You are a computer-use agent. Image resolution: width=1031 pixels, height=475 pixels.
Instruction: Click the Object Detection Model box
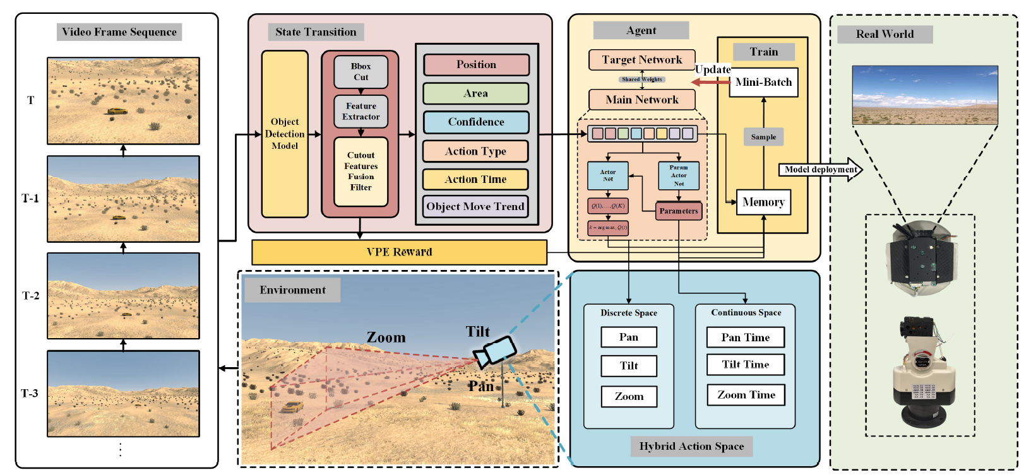tap(285, 134)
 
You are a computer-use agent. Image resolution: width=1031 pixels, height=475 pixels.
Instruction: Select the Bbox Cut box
tap(361, 71)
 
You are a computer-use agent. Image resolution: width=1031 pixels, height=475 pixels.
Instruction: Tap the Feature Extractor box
tap(361, 111)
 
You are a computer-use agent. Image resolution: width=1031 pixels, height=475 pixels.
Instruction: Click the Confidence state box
tap(475, 122)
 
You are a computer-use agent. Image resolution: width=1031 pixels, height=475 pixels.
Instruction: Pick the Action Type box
tap(475, 151)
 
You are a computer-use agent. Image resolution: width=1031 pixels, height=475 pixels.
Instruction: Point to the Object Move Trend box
tap(475, 206)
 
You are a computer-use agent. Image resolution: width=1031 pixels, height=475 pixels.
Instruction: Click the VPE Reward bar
tap(399, 252)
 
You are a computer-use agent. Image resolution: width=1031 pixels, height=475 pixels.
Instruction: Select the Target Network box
tap(641, 60)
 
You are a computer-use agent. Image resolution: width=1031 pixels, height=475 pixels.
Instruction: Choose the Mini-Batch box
tap(763, 82)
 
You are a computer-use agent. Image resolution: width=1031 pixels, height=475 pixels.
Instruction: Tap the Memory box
tap(763, 202)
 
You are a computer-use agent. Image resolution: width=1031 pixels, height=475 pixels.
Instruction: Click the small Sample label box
tap(763, 137)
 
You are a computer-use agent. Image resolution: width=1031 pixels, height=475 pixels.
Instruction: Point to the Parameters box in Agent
tap(679, 211)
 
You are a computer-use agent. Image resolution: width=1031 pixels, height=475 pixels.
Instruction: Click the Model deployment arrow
tap(821, 170)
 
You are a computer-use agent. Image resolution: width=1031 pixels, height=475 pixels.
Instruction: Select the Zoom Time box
tap(746, 395)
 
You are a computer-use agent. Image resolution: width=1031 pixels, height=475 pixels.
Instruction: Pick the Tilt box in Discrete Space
tap(629, 366)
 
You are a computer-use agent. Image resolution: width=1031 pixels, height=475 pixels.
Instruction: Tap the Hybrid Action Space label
tap(691, 447)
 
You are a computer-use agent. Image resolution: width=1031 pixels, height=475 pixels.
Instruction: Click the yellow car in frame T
tap(117, 111)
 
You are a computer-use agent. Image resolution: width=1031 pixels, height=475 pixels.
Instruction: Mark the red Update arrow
tap(710, 82)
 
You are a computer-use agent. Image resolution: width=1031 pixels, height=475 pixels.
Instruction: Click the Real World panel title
tap(885, 34)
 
